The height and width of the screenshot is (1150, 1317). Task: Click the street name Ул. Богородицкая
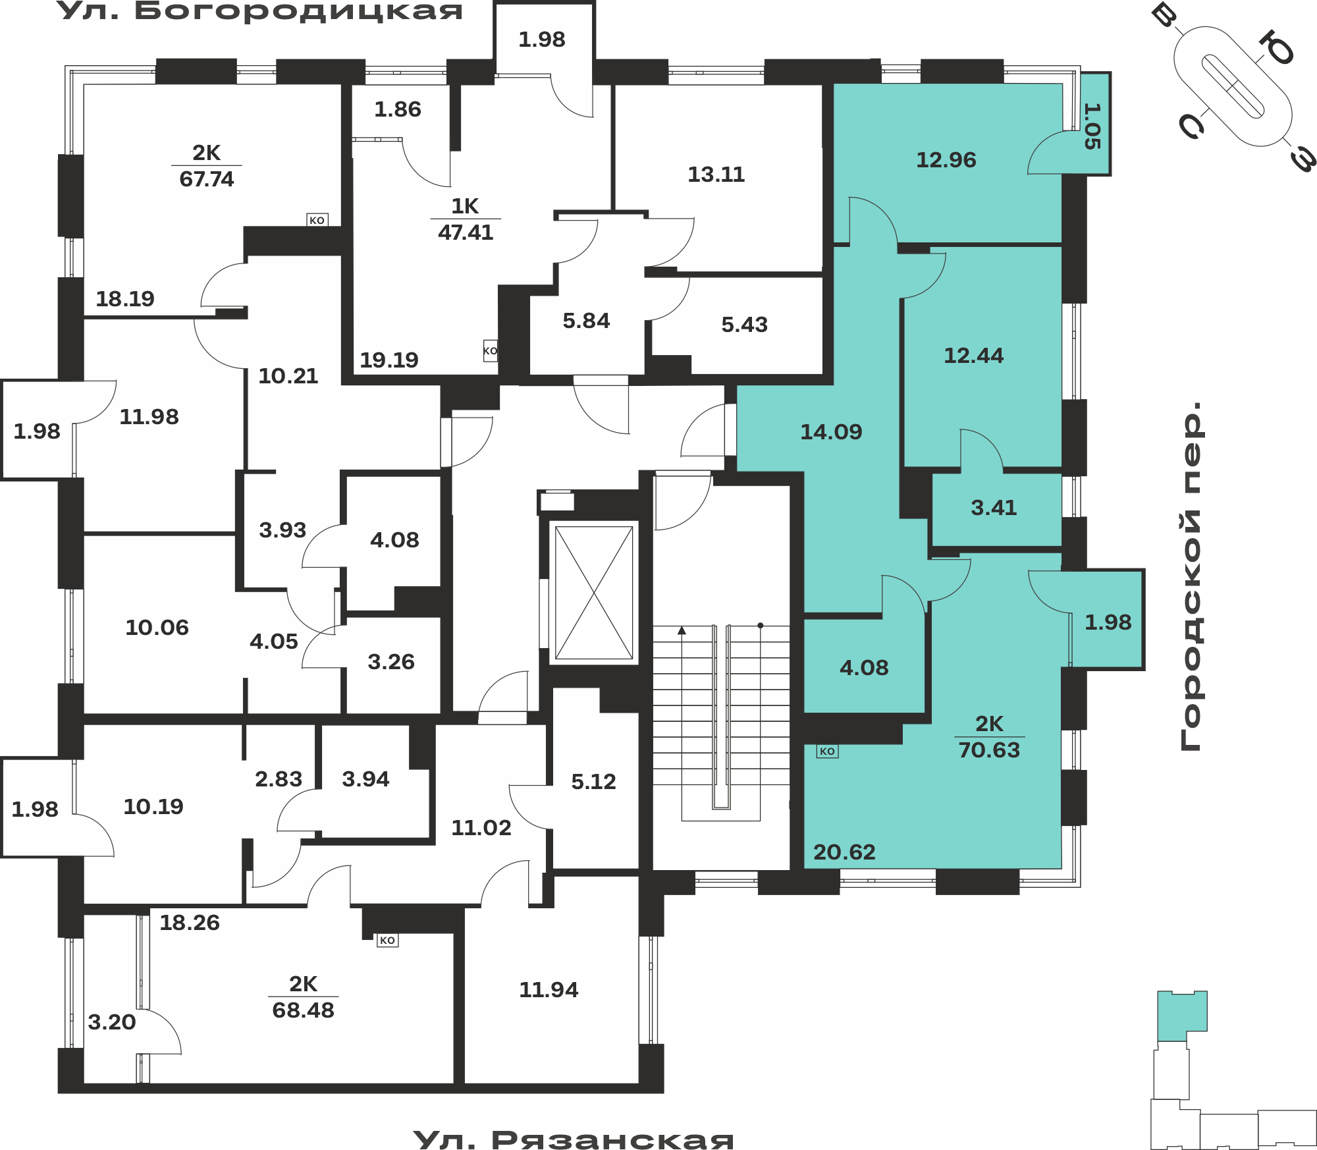260,11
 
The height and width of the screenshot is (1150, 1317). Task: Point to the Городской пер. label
1191,576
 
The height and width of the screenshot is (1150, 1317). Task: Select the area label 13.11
716,175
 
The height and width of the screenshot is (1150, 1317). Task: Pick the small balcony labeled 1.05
1094,123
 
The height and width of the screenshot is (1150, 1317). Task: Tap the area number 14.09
831,432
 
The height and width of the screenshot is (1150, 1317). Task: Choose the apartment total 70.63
989,750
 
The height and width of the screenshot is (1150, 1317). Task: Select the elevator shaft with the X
594,593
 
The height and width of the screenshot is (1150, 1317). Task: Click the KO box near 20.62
827,752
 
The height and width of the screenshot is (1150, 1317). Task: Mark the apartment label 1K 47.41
466,219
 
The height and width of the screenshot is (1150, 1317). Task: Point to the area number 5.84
586,321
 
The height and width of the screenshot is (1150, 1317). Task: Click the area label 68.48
304,1010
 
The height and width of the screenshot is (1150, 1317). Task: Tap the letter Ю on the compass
1276,47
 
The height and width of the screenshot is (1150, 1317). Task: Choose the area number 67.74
207,179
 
